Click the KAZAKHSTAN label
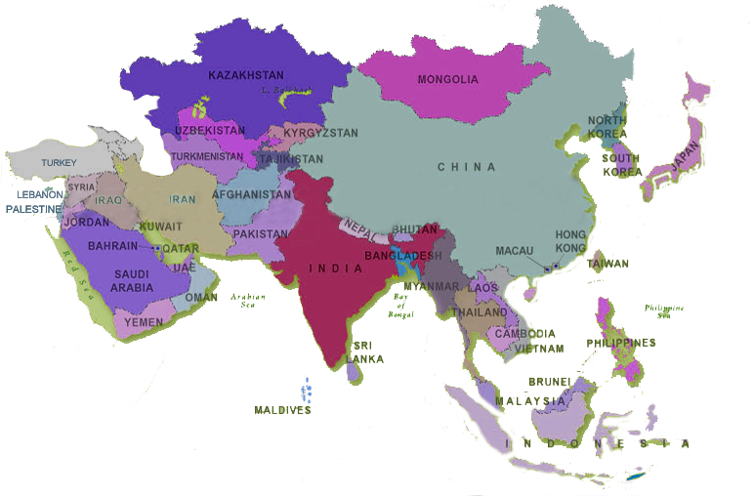point(246,74)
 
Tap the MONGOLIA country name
point(447,79)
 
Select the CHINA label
point(467,167)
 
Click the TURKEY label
point(59,162)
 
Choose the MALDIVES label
point(283,411)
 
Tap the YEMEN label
point(144,321)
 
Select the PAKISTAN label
point(261,234)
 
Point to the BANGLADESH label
point(402,256)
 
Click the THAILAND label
point(480,312)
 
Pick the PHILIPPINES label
point(621,343)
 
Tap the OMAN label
point(201,297)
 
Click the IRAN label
point(183,199)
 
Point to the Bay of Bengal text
point(400,307)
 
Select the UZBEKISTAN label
point(210,130)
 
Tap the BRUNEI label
point(547,381)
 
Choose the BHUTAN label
point(415,228)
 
